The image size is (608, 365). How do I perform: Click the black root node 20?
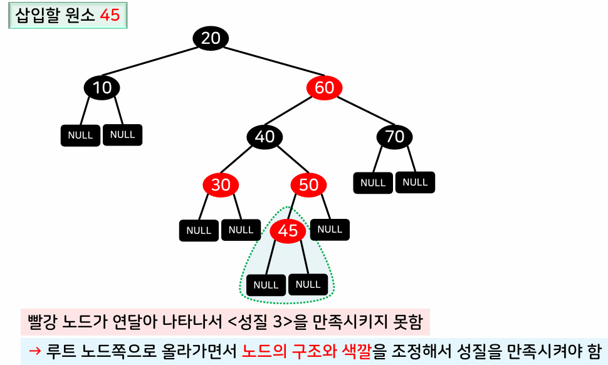[x=211, y=38]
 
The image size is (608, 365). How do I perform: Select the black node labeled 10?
[x=102, y=88]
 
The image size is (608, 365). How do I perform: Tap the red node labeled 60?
[x=324, y=87]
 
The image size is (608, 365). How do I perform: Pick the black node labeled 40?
[x=265, y=136]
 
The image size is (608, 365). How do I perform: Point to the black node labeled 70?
[x=395, y=136]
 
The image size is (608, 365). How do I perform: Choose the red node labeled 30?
[x=221, y=184]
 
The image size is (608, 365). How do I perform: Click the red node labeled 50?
[x=308, y=184]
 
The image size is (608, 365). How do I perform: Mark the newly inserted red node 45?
[x=288, y=231]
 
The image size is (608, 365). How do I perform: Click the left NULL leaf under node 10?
[x=80, y=135]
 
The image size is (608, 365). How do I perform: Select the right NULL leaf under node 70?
[x=415, y=182]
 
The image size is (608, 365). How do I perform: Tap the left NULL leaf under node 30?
[x=199, y=230]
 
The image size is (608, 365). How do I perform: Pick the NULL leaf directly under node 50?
[x=330, y=230]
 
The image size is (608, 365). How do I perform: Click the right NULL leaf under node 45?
[x=308, y=284]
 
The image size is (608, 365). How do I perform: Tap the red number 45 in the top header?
[x=110, y=16]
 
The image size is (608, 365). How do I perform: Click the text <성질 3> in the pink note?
[x=259, y=324]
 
